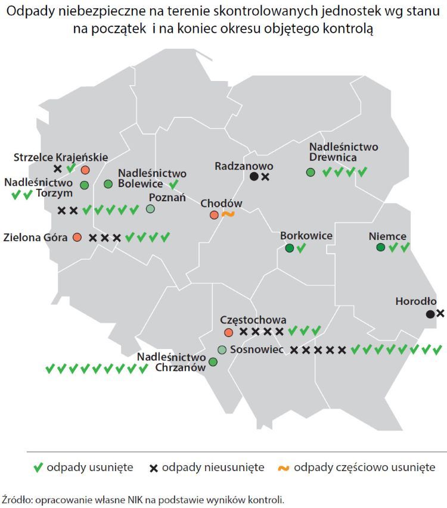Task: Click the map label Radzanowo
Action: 243,166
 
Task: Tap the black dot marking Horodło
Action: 430,314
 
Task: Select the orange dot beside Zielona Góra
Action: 77,237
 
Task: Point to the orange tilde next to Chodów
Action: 227,214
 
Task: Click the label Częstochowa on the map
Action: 253,320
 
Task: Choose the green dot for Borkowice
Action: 290,248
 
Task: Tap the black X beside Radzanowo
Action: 265,177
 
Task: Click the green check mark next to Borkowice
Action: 301,248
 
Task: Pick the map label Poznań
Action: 167,198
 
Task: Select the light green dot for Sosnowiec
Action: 222,350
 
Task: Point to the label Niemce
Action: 387,236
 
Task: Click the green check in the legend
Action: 38,468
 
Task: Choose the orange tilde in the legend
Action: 284,468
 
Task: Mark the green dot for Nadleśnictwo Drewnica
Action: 311,172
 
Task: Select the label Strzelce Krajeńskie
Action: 61,157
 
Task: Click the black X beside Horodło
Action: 440,313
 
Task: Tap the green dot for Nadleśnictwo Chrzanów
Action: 213,361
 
